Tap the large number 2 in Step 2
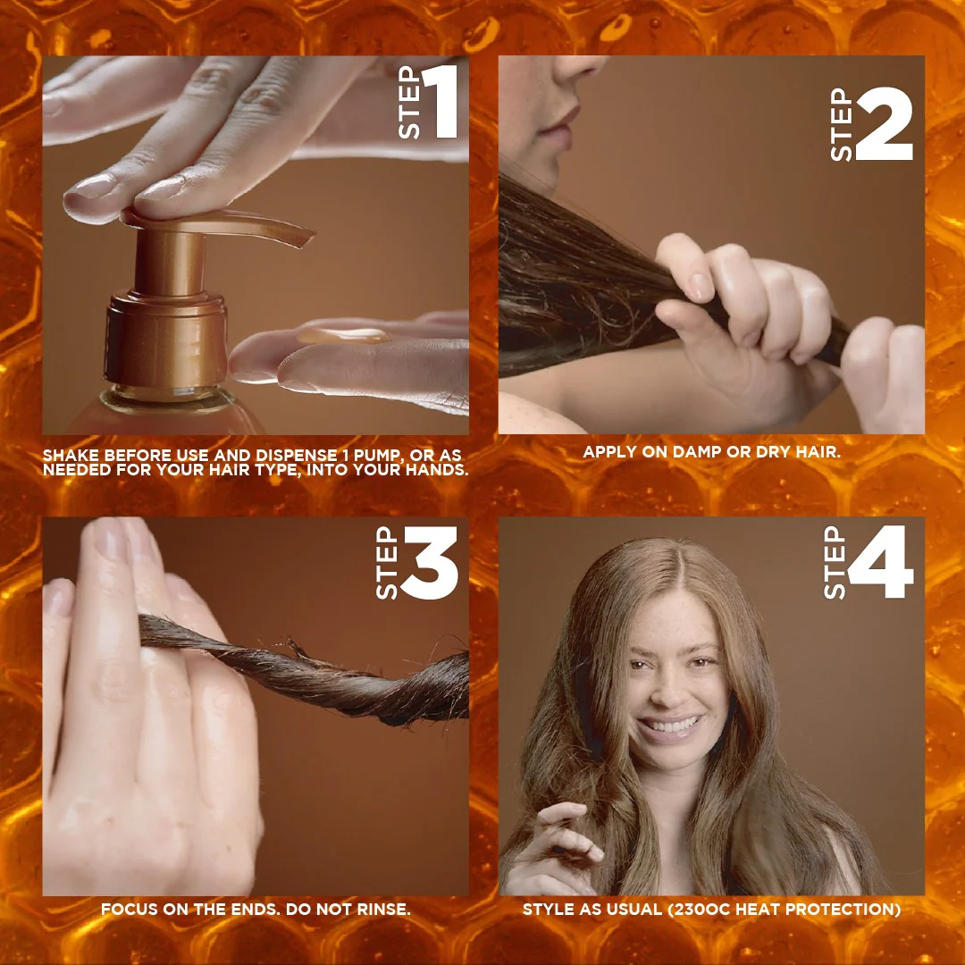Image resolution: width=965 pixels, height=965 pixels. (x=884, y=124)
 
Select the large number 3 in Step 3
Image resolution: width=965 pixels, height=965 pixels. (x=430, y=562)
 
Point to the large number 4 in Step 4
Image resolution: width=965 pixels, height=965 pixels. (x=881, y=562)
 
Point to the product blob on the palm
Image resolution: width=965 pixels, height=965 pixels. (x=344, y=336)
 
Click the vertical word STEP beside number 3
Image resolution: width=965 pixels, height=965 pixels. (x=386, y=563)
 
